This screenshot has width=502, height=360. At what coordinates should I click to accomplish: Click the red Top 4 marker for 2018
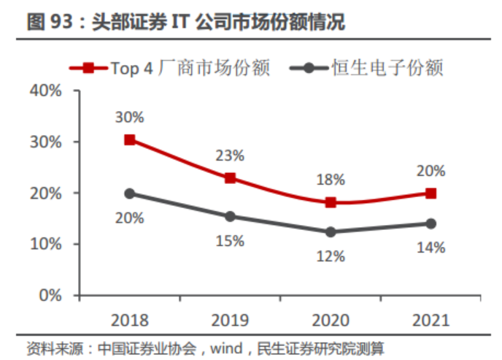click(129, 139)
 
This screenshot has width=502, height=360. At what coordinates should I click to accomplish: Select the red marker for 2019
click(230, 178)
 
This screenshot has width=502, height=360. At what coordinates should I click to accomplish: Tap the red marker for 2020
click(331, 202)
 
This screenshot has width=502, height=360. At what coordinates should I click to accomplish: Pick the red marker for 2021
click(431, 194)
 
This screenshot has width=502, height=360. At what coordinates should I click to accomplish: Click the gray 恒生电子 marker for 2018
click(129, 194)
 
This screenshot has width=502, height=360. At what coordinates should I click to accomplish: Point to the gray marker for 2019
click(230, 216)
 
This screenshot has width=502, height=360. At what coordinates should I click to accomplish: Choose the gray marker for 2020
click(331, 232)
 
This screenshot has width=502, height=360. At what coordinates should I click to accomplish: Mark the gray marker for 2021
click(431, 223)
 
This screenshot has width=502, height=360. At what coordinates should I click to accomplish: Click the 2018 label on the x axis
click(129, 320)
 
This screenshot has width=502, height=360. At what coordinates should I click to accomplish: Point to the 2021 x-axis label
click(431, 320)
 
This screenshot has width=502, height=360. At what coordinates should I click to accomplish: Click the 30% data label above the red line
click(129, 117)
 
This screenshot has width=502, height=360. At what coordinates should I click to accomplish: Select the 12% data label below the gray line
click(331, 257)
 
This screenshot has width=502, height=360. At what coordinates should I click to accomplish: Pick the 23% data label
click(230, 155)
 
